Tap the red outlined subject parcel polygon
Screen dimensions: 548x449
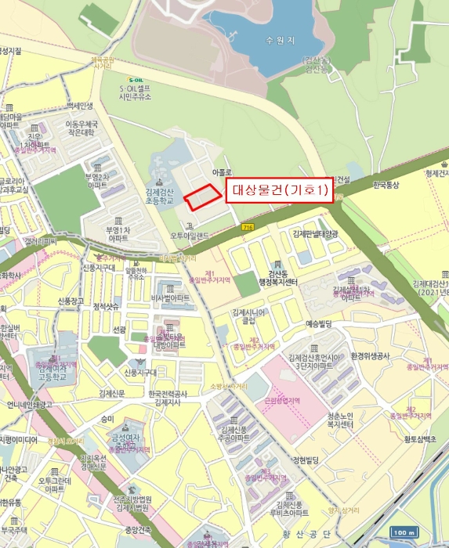click(201, 196)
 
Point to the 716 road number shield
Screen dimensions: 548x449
click(248, 227)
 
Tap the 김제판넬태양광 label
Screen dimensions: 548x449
click(315, 233)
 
